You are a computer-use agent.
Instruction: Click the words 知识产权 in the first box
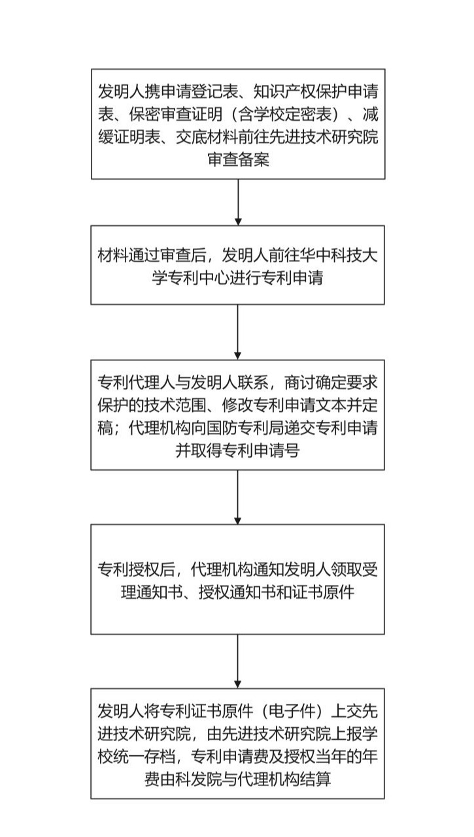(x=284, y=91)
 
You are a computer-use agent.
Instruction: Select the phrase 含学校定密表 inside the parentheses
(x=284, y=114)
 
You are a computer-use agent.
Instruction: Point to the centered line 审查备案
(x=239, y=160)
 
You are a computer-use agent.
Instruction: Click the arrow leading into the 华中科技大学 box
(x=238, y=202)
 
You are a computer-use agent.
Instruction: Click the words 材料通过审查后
(x=152, y=255)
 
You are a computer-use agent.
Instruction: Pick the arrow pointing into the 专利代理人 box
(x=238, y=332)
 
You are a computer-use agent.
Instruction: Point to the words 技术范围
(x=175, y=405)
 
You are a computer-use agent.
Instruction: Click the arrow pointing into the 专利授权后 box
(x=238, y=497)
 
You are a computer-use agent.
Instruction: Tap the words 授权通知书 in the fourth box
(x=237, y=592)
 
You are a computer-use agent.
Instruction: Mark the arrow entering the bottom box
(x=238, y=661)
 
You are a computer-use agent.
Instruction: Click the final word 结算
(x=316, y=780)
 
